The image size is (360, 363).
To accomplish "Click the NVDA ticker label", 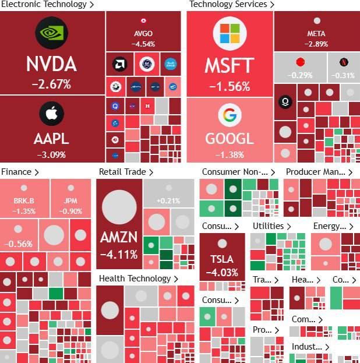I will click(51, 64).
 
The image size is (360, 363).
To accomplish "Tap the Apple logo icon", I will click(51, 114).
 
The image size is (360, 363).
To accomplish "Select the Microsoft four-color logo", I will click(230, 33).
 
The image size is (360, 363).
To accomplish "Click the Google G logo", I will click(230, 115).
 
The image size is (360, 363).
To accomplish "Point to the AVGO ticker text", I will click(143, 34).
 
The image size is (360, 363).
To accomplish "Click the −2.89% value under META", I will click(316, 44).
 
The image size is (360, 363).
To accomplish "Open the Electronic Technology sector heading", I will click(44, 5).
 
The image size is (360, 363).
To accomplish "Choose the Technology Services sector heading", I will click(228, 5).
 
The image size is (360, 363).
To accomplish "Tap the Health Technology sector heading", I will click(135, 279).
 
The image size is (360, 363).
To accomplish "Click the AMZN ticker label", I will click(119, 238).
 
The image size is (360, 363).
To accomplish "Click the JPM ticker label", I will click(70, 202).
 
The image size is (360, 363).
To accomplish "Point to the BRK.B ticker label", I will click(24, 202).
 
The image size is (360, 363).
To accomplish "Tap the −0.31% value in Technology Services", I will click(343, 75).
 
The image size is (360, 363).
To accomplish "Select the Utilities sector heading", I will click(269, 226).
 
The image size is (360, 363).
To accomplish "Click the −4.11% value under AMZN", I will click(119, 254).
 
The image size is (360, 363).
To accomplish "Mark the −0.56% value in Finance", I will click(18, 244).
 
